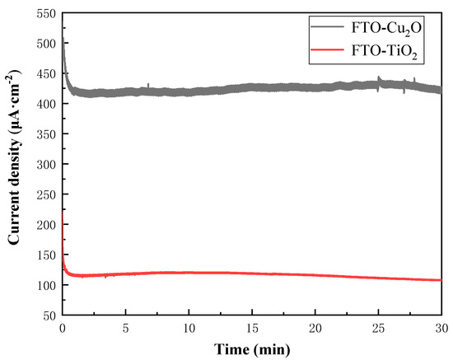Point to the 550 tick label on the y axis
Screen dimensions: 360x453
(x=46, y=16)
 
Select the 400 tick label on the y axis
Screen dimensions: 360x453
(x=46, y=104)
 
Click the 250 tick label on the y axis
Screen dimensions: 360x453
(x=46, y=194)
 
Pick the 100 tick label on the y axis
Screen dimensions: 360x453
(x=46, y=285)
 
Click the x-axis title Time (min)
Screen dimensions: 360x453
(x=251, y=348)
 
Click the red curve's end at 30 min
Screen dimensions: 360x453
(x=441, y=280)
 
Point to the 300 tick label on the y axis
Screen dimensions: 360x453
(x=46, y=164)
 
